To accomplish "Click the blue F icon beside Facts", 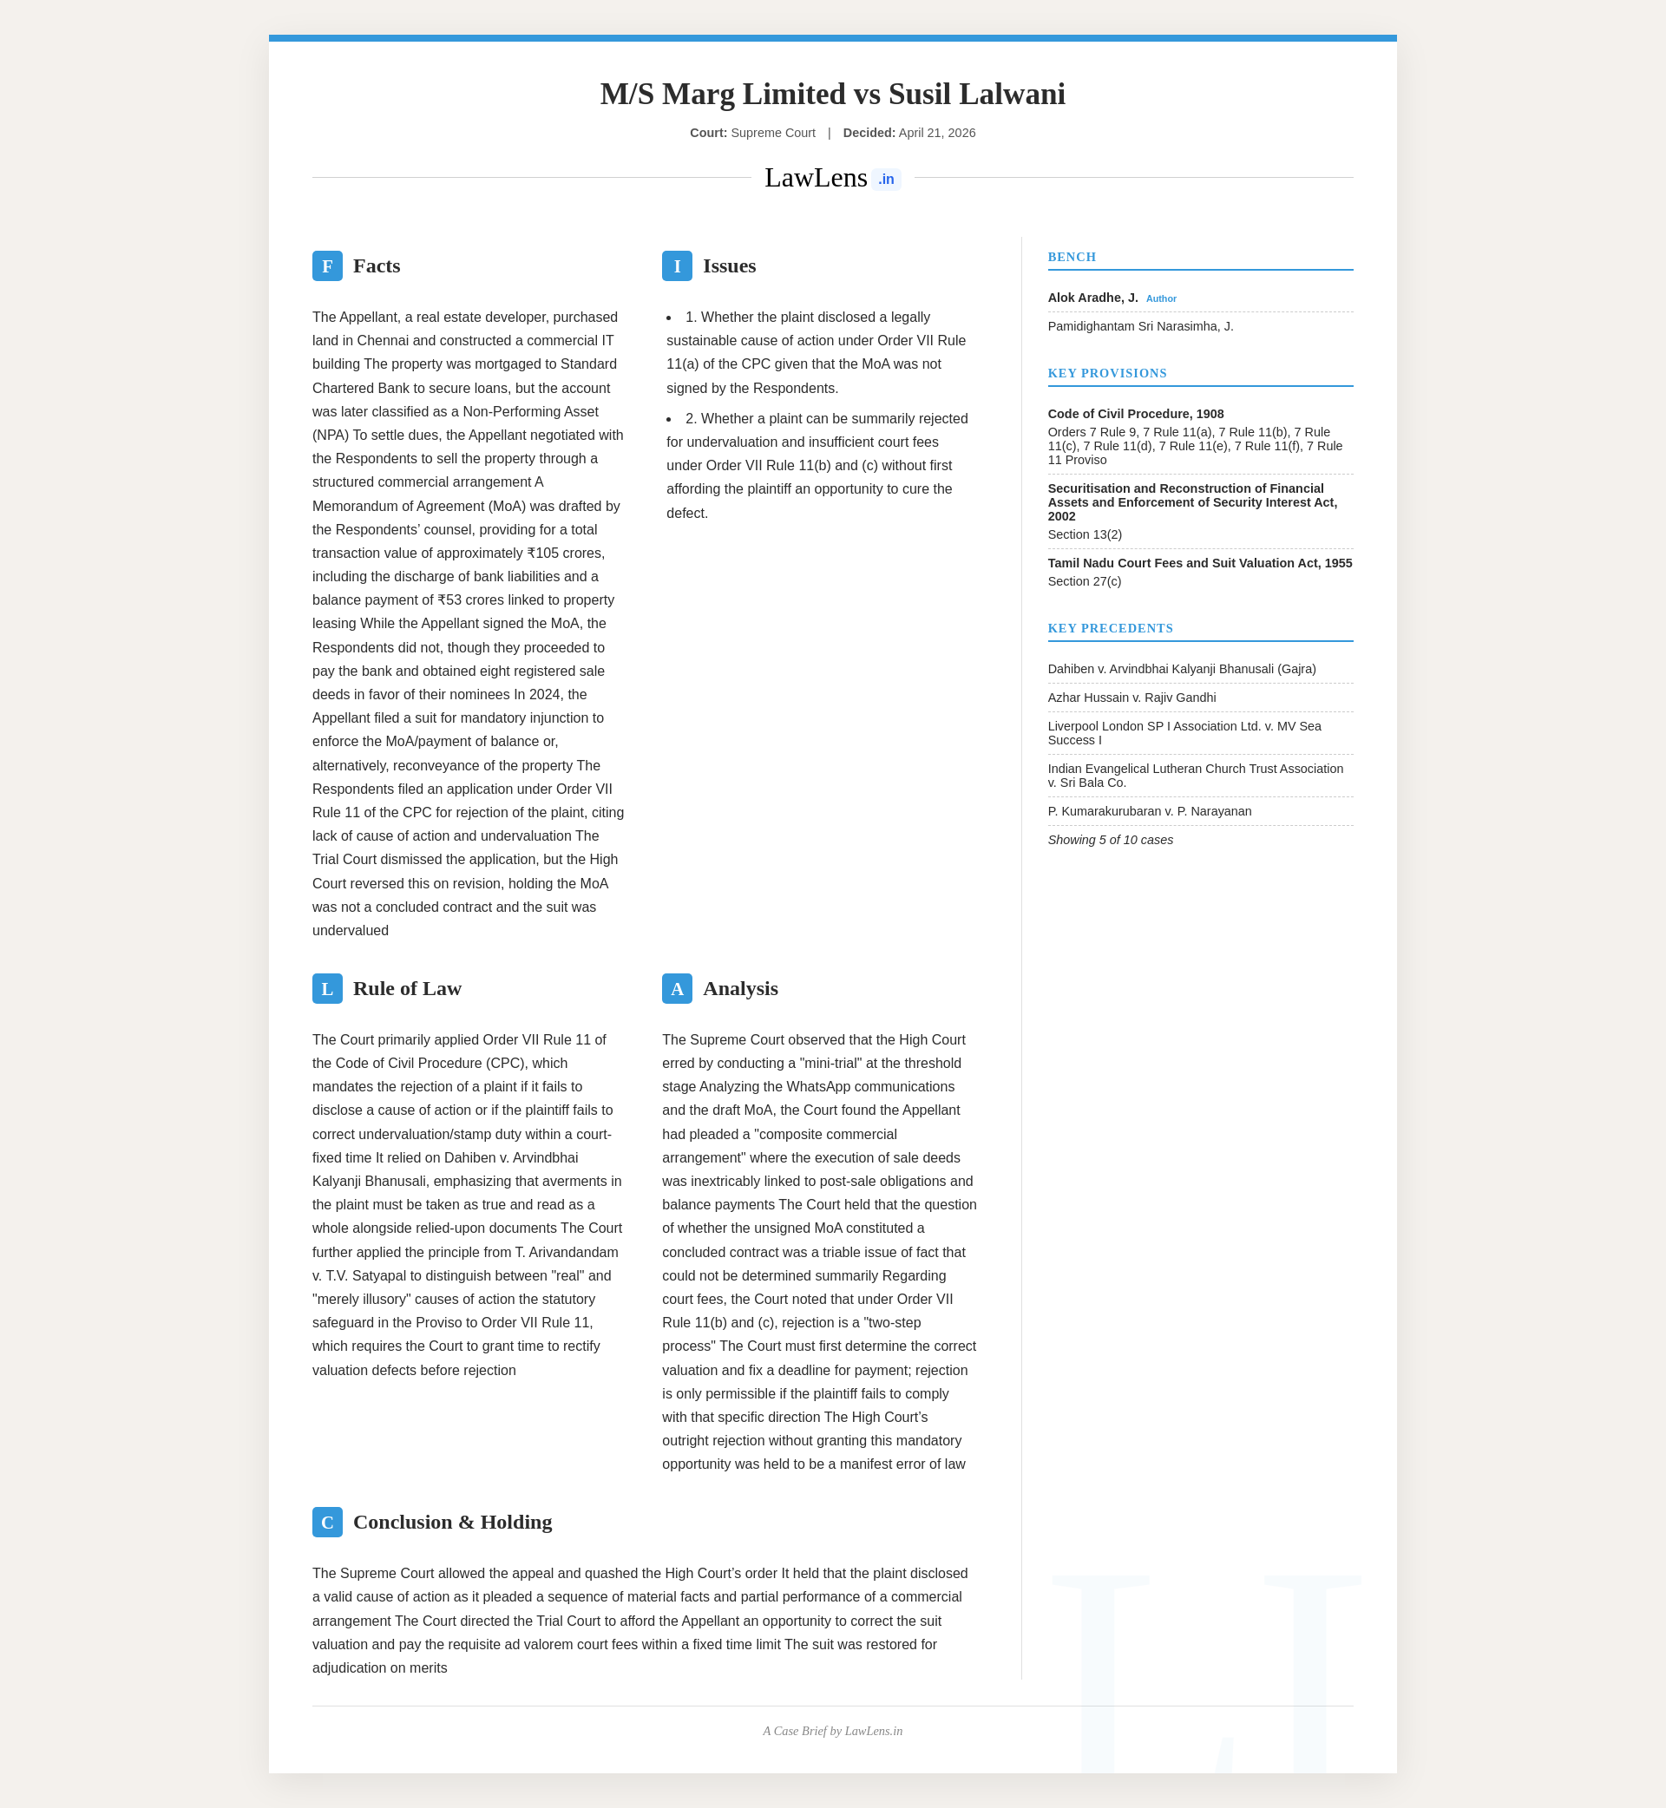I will point(327,265).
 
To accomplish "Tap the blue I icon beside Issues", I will point(677,265).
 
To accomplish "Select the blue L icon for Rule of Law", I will point(327,989).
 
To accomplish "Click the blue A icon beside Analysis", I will point(677,989).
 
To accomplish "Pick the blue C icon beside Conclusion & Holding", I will point(327,1523).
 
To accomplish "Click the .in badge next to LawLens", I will point(886,180).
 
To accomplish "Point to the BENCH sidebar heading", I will point(1072,257).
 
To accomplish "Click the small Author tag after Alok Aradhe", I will point(1161,299).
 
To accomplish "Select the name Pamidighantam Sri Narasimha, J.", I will point(1140,326).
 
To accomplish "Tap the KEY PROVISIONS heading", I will point(1107,373).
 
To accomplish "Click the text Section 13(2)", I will point(1085,534).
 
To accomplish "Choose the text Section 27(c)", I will point(1085,581).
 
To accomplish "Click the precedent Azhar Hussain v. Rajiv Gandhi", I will point(1131,698).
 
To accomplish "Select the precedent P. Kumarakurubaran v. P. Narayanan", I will point(1150,811).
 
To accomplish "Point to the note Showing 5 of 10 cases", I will point(1111,840).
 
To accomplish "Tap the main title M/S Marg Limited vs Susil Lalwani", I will point(833,94).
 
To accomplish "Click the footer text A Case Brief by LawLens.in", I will point(833,1732).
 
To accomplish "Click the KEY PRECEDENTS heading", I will point(1111,628).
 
